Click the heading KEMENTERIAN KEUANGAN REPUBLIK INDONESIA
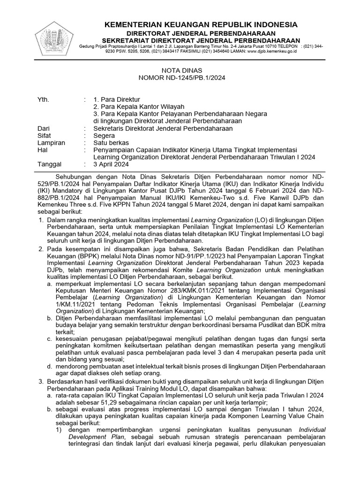(x=200, y=24)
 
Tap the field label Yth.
(x=43, y=100)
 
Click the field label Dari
(x=44, y=128)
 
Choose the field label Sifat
(x=44, y=135)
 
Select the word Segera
(x=104, y=135)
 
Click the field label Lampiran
(x=51, y=142)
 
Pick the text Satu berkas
(x=111, y=142)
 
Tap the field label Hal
(x=42, y=150)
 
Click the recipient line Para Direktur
(x=117, y=100)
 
